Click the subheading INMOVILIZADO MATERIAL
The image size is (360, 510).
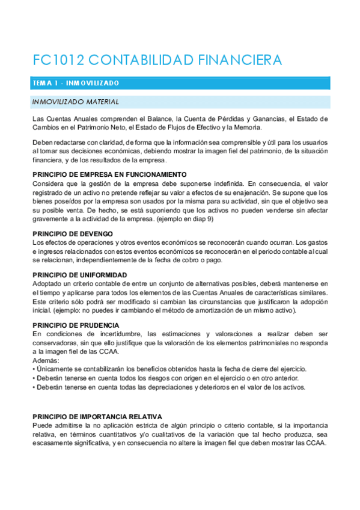pos(76,102)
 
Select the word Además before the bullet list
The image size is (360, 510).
pos(45,360)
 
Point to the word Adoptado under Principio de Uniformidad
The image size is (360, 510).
pos(47,283)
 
